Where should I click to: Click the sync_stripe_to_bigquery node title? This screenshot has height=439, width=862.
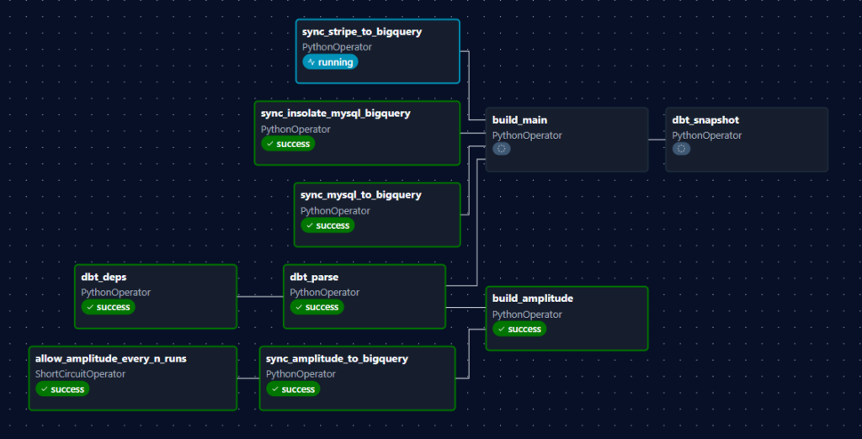pyautogui.click(x=361, y=32)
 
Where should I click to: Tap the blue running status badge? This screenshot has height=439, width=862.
pyautogui.click(x=330, y=62)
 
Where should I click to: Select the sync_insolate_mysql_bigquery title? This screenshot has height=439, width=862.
pyautogui.click(x=335, y=114)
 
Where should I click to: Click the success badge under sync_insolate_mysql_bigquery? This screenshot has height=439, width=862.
pyautogui.click(x=288, y=144)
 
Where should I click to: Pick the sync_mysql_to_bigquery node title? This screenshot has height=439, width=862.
pyautogui.click(x=360, y=195)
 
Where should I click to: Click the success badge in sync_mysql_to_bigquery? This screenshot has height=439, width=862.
pyautogui.click(x=327, y=225)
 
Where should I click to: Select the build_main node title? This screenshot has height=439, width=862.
pyautogui.click(x=519, y=120)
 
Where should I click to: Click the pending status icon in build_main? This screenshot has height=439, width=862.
pyautogui.click(x=502, y=149)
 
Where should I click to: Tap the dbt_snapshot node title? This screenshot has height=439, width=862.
pyautogui.click(x=705, y=120)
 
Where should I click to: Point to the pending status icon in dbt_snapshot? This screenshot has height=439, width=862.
pyautogui.click(x=682, y=149)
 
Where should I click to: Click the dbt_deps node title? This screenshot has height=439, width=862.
pyautogui.click(x=104, y=277)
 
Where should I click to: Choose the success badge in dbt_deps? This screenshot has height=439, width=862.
pyautogui.click(x=108, y=307)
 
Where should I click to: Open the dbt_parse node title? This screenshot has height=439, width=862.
pyautogui.click(x=314, y=277)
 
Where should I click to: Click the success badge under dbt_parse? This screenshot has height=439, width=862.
pyautogui.click(x=317, y=307)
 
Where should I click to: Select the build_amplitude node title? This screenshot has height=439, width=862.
pyautogui.click(x=532, y=299)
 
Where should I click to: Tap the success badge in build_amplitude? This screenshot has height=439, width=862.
pyautogui.click(x=519, y=329)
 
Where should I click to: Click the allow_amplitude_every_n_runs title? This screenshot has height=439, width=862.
pyautogui.click(x=110, y=358)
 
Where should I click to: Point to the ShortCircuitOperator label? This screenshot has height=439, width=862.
pyautogui.click(x=80, y=373)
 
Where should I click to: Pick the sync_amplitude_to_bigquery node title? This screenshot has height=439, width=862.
pyautogui.click(x=337, y=358)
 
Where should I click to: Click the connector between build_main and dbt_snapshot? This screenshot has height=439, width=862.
pyautogui.click(x=657, y=140)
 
